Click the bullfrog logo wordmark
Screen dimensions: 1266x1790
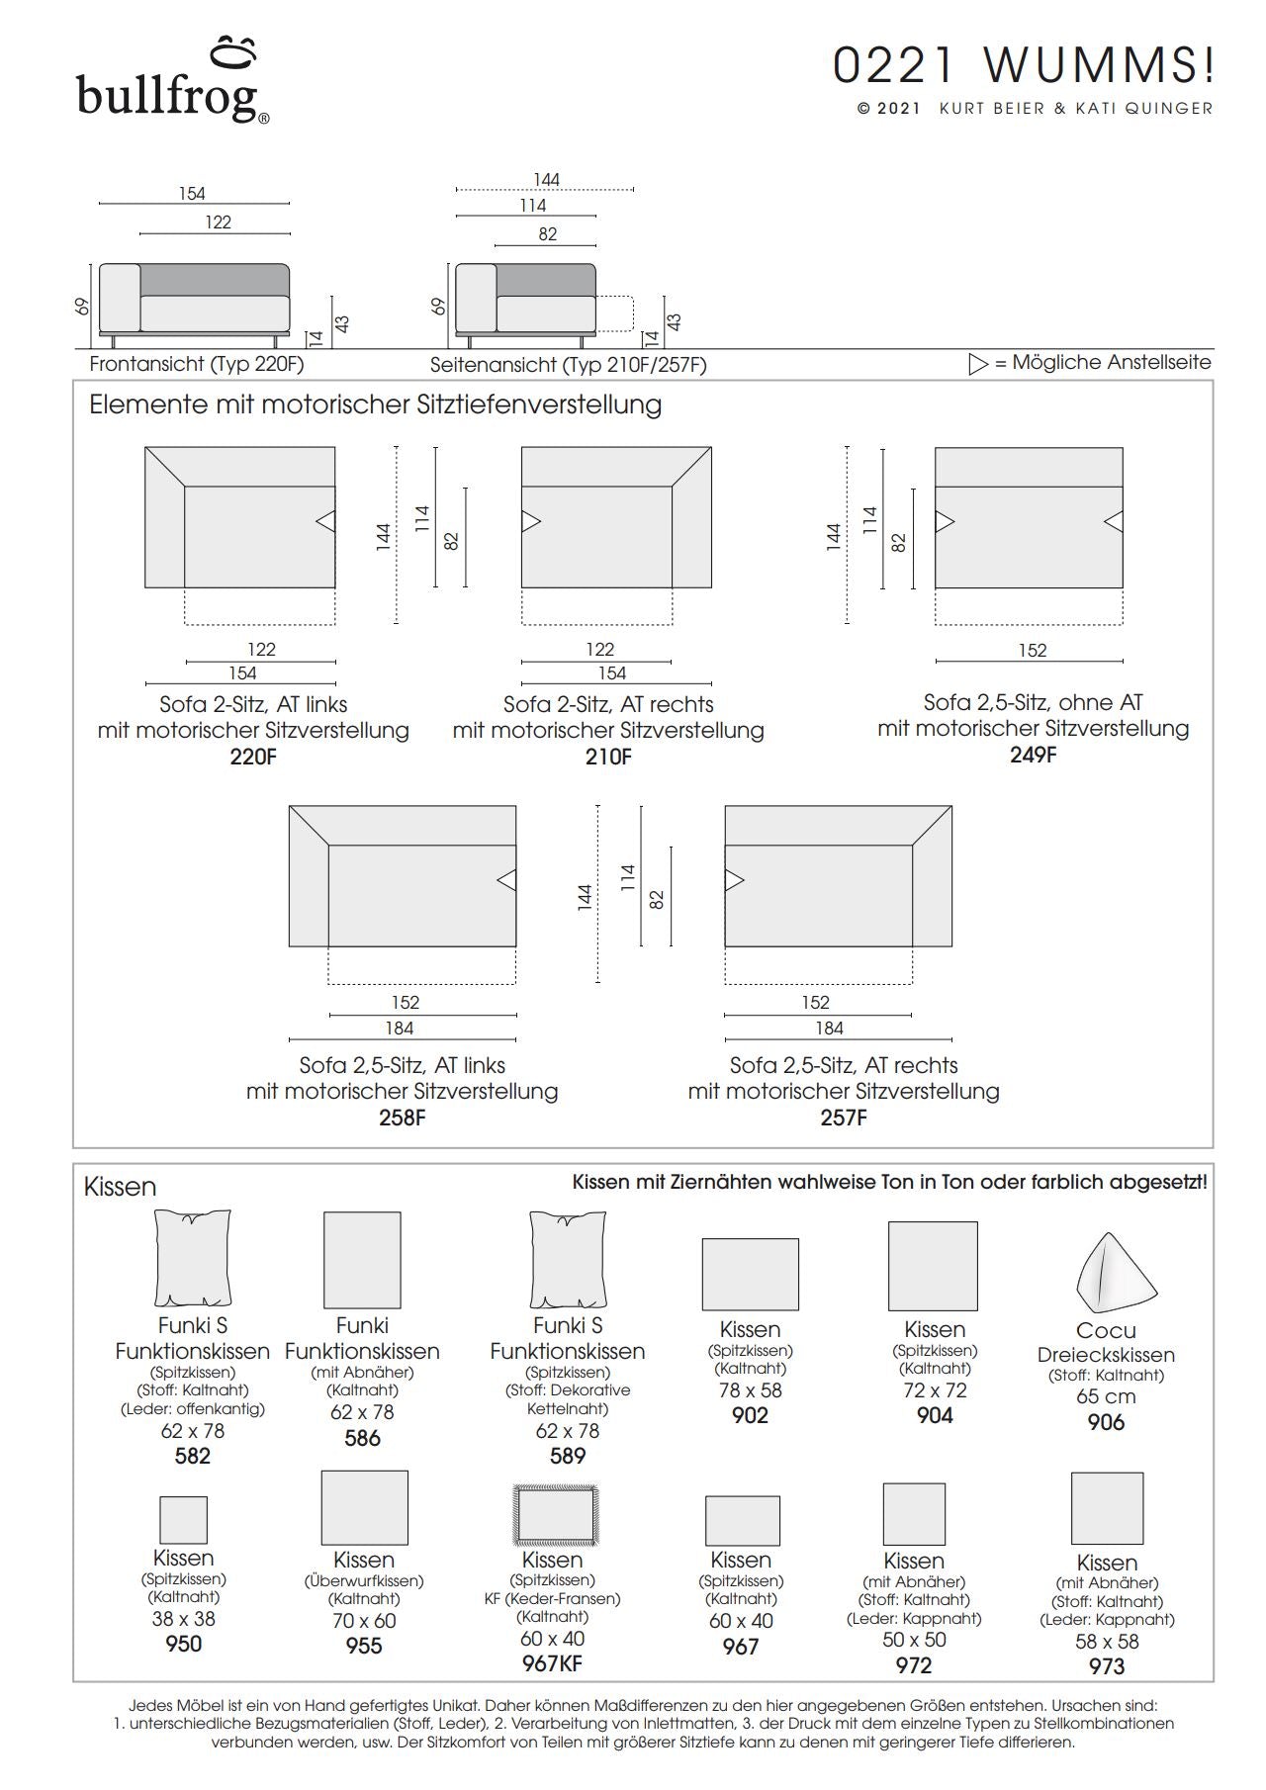pyautogui.click(x=168, y=97)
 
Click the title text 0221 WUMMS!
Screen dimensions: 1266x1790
pyautogui.click(x=1024, y=66)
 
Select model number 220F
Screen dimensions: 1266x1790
pyautogui.click(x=253, y=758)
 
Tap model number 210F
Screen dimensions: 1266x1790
pyautogui.click(x=608, y=758)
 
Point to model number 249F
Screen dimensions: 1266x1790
pyautogui.click(x=1033, y=755)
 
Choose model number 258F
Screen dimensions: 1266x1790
pyautogui.click(x=402, y=1119)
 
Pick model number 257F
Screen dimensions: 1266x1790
pyautogui.click(x=844, y=1119)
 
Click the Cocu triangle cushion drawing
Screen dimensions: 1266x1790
pyautogui.click(x=1116, y=1273)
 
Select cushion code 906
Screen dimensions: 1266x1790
pyautogui.click(x=1106, y=1422)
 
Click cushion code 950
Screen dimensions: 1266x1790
pyautogui.click(x=183, y=1644)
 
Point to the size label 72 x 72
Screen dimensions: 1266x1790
pyautogui.click(x=935, y=1390)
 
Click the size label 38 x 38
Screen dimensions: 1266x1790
pyautogui.click(x=183, y=1619)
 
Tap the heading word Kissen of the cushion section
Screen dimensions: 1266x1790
pyautogui.click(x=121, y=1187)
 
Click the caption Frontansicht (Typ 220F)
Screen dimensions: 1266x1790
pyautogui.click(x=197, y=364)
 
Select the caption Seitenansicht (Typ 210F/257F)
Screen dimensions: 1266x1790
pyautogui.click(x=569, y=365)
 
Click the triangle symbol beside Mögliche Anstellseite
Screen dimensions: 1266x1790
pyautogui.click(x=978, y=363)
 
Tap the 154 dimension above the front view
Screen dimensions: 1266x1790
pyautogui.click(x=192, y=194)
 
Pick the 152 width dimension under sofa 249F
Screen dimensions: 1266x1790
pyautogui.click(x=1032, y=651)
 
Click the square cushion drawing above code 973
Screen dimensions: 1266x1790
pyautogui.click(x=1107, y=1509)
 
